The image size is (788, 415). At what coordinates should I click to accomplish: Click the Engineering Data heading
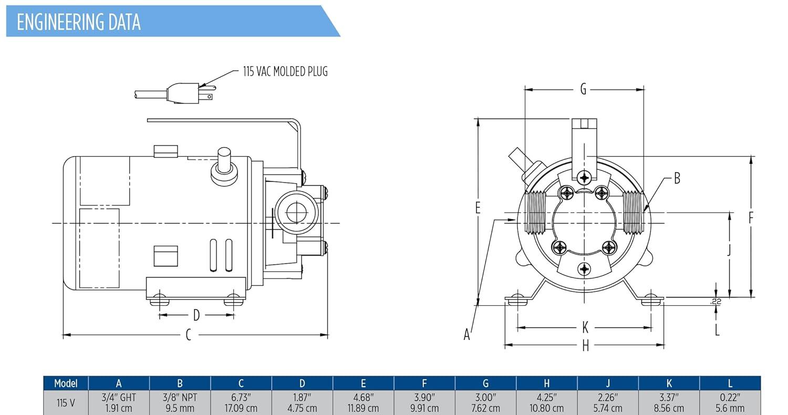[79, 22]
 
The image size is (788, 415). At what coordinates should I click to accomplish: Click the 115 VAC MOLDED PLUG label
[285, 71]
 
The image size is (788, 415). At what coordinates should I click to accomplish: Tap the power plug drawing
[184, 93]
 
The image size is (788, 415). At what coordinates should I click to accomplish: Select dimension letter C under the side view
[188, 335]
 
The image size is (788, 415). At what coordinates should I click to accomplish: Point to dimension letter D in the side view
[196, 315]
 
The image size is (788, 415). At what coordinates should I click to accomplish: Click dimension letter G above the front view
[583, 90]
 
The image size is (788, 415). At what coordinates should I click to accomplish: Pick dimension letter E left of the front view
[478, 208]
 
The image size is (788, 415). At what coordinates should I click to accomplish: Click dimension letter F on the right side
[751, 218]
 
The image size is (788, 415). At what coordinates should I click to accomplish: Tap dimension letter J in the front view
[729, 251]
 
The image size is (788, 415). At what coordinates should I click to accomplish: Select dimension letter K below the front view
[585, 328]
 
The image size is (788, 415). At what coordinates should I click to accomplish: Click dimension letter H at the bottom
[585, 346]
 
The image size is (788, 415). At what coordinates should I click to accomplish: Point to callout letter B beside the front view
[677, 179]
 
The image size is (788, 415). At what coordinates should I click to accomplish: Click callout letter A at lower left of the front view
[466, 334]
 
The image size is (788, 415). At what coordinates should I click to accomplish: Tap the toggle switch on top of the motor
[224, 165]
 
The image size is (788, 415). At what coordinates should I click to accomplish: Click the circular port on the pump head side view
[296, 212]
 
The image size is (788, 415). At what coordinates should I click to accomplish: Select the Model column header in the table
[66, 384]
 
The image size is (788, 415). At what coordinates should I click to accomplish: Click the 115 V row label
[66, 402]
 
